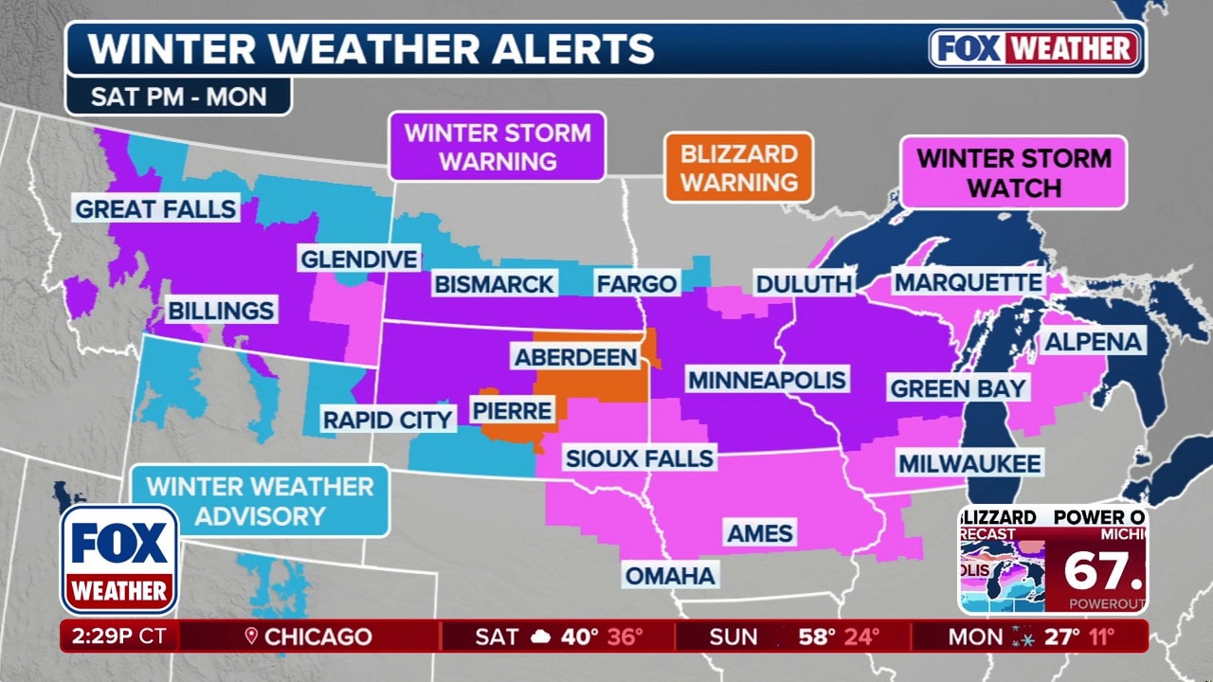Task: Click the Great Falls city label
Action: pyautogui.click(x=155, y=208)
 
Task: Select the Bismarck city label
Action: pyautogui.click(x=493, y=283)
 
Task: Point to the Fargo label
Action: pyautogui.click(x=636, y=283)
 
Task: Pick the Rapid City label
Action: pyautogui.click(x=388, y=420)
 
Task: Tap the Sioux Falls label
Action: pyautogui.click(x=639, y=458)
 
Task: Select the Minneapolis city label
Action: pyautogui.click(x=767, y=381)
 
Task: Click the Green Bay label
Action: pyautogui.click(x=957, y=387)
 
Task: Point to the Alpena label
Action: pyautogui.click(x=1094, y=342)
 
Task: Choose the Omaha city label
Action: pyautogui.click(x=670, y=574)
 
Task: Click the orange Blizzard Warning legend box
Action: pyautogui.click(x=738, y=168)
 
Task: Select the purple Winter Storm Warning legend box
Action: pyautogui.click(x=498, y=147)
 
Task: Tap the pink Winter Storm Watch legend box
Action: pyautogui.click(x=1014, y=172)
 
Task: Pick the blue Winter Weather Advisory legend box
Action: pyautogui.click(x=260, y=501)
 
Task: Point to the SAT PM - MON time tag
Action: pyautogui.click(x=178, y=97)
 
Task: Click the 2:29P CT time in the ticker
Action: pyautogui.click(x=118, y=637)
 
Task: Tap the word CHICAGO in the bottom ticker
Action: pyautogui.click(x=317, y=637)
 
